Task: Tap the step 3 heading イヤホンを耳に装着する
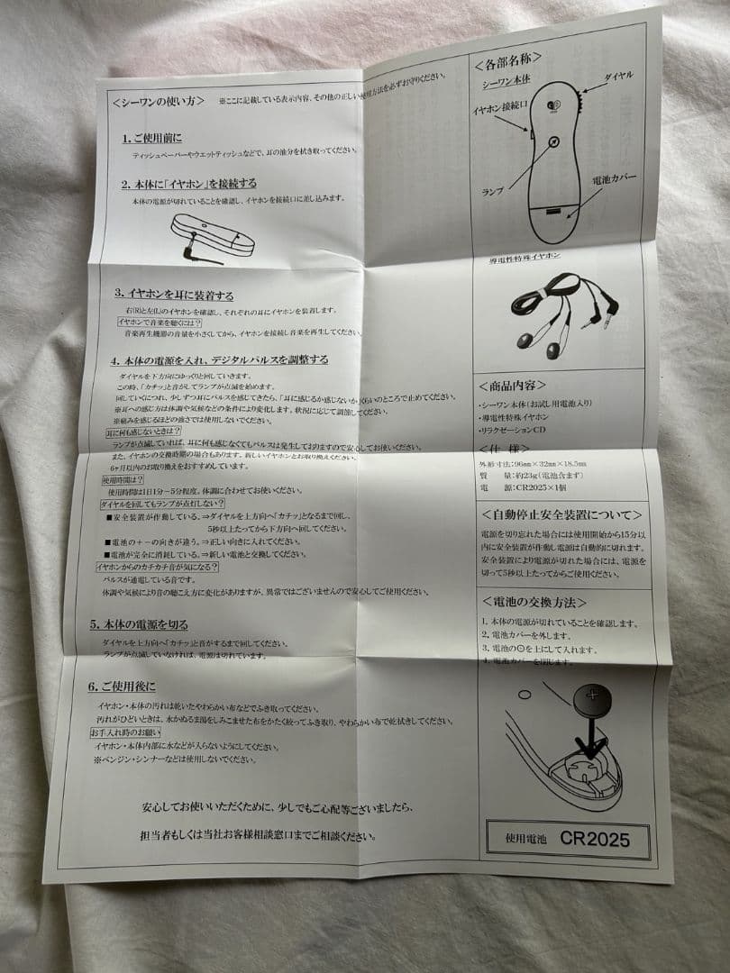point(174,295)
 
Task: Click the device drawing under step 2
point(213,236)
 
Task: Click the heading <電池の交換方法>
point(534,600)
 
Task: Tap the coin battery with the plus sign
point(591,698)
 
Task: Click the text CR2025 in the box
point(594,838)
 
